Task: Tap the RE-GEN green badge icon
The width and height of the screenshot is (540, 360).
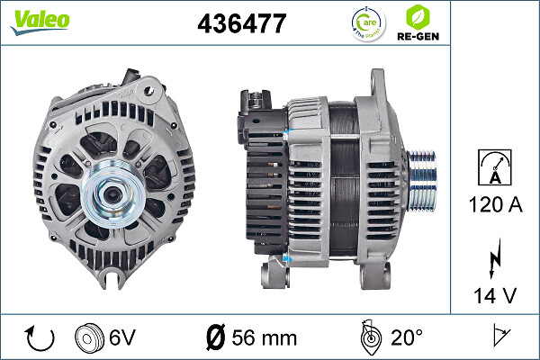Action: [418, 22]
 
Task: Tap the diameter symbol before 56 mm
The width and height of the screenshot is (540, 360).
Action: [215, 338]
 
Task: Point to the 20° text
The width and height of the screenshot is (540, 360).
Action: [406, 338]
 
